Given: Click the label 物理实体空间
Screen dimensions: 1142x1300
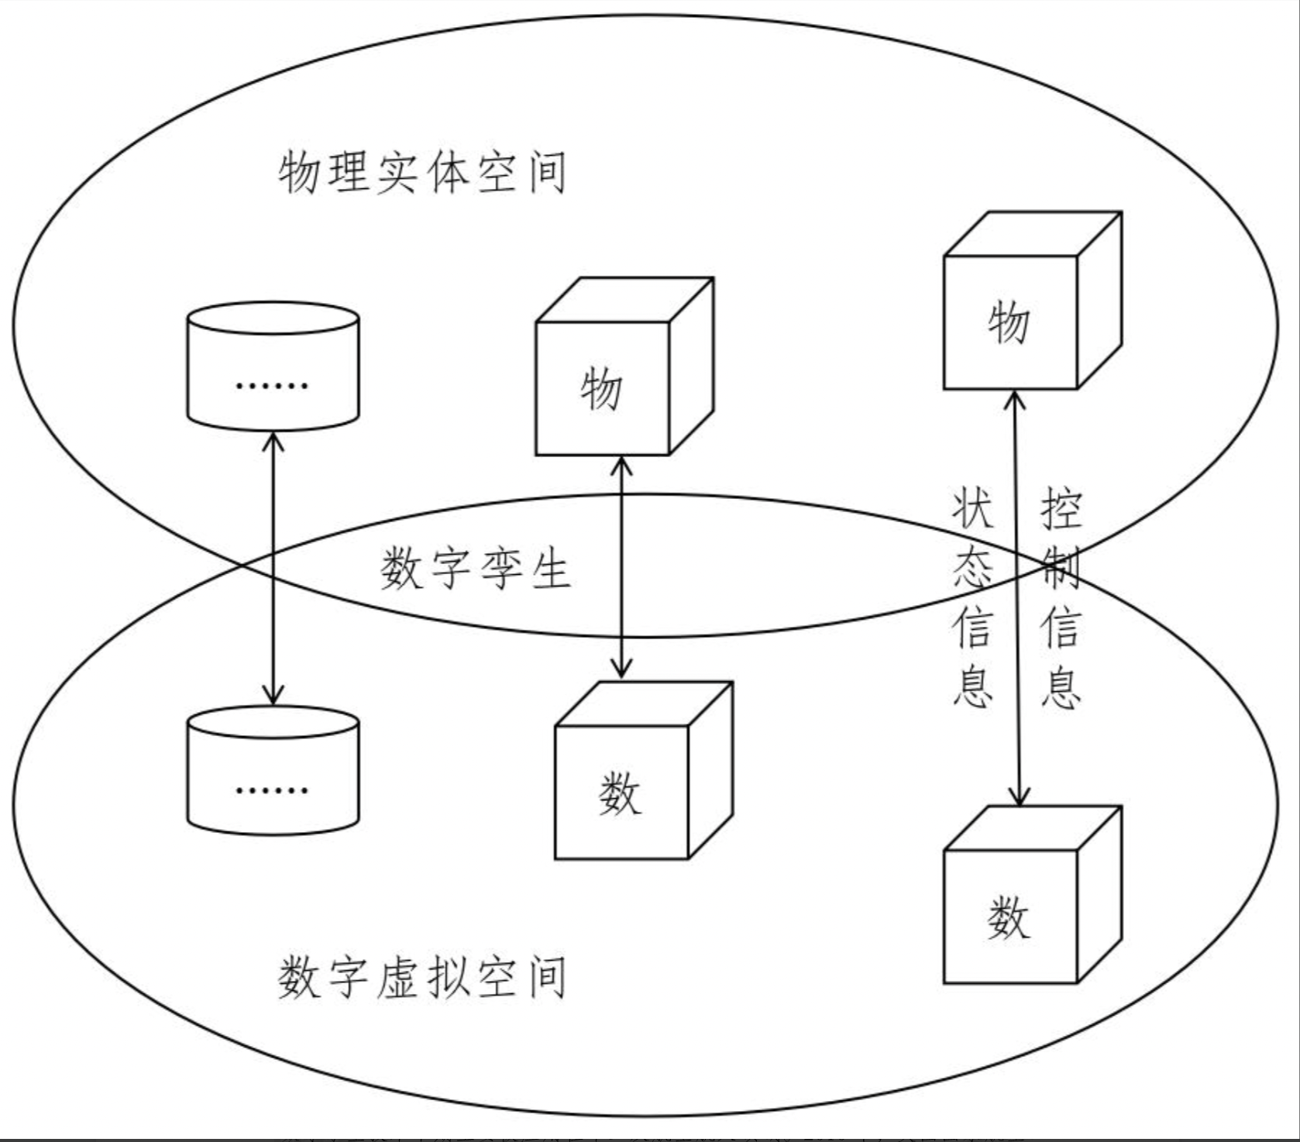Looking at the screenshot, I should pos(422,171).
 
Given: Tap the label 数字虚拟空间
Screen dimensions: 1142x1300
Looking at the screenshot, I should pos(422,977).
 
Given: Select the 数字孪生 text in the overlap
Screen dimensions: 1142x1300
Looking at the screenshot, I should pos(475,569).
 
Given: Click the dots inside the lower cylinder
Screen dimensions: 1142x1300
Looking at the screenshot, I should pos(272,790).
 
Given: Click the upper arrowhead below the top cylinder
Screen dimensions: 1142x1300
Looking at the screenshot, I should pos(273,442).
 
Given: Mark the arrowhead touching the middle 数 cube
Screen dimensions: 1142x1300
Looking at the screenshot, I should pos(621,671).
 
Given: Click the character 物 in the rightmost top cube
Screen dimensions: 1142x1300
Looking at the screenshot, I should pos(1008,323).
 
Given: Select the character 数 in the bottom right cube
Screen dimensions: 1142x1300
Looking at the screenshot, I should pos(1008,918).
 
